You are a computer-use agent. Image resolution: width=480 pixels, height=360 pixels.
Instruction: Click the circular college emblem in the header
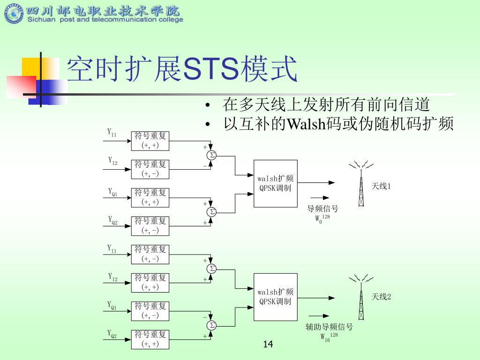pos(13,14)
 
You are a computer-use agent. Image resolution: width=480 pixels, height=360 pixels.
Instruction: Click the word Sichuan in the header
pos(41,20)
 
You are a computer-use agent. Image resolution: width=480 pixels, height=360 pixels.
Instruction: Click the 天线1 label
pos(381,187)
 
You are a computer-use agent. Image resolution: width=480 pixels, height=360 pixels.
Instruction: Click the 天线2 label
pos(381,297)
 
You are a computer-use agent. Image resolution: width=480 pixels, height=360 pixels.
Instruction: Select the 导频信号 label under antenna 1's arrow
pos(322,209)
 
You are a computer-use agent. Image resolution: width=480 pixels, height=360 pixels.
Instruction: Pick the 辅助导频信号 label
pos(329,327)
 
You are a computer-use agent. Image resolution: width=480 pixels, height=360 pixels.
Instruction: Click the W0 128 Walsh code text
pos(322,218)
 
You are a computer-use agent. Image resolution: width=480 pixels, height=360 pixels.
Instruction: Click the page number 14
pos(268,345)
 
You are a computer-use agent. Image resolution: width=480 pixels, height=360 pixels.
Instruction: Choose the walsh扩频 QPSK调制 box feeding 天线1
pos(276,183)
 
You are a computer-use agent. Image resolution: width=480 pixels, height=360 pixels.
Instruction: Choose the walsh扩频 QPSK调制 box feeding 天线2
pos(276,297)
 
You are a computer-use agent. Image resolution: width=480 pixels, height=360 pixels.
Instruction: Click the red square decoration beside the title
pos(21,86)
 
